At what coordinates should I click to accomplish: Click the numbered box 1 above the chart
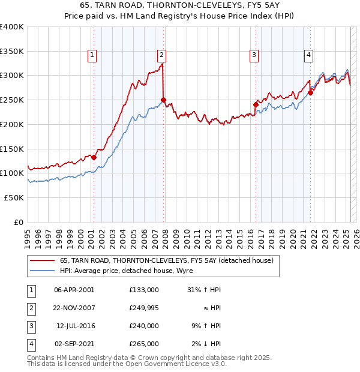(92, 55)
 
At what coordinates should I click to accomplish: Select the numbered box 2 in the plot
(162, 55)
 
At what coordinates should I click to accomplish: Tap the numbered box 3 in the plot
(254, 55)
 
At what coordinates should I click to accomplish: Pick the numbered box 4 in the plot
(308, 55)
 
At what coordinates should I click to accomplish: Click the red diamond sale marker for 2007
(163, 100)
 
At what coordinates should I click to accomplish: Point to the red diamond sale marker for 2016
(256, 104)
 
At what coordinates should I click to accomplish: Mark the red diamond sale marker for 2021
(311, 92)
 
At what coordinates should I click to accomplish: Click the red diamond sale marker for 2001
(94, 157)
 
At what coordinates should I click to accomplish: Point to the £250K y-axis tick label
(12, 100)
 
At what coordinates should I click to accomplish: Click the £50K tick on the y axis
(14, 197)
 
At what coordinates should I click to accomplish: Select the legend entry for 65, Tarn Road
(166, 260)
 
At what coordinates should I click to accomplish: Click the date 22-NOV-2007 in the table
(74, 308)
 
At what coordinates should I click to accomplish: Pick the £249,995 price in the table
(144, 308)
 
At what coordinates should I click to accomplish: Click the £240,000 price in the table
(144, 326)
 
